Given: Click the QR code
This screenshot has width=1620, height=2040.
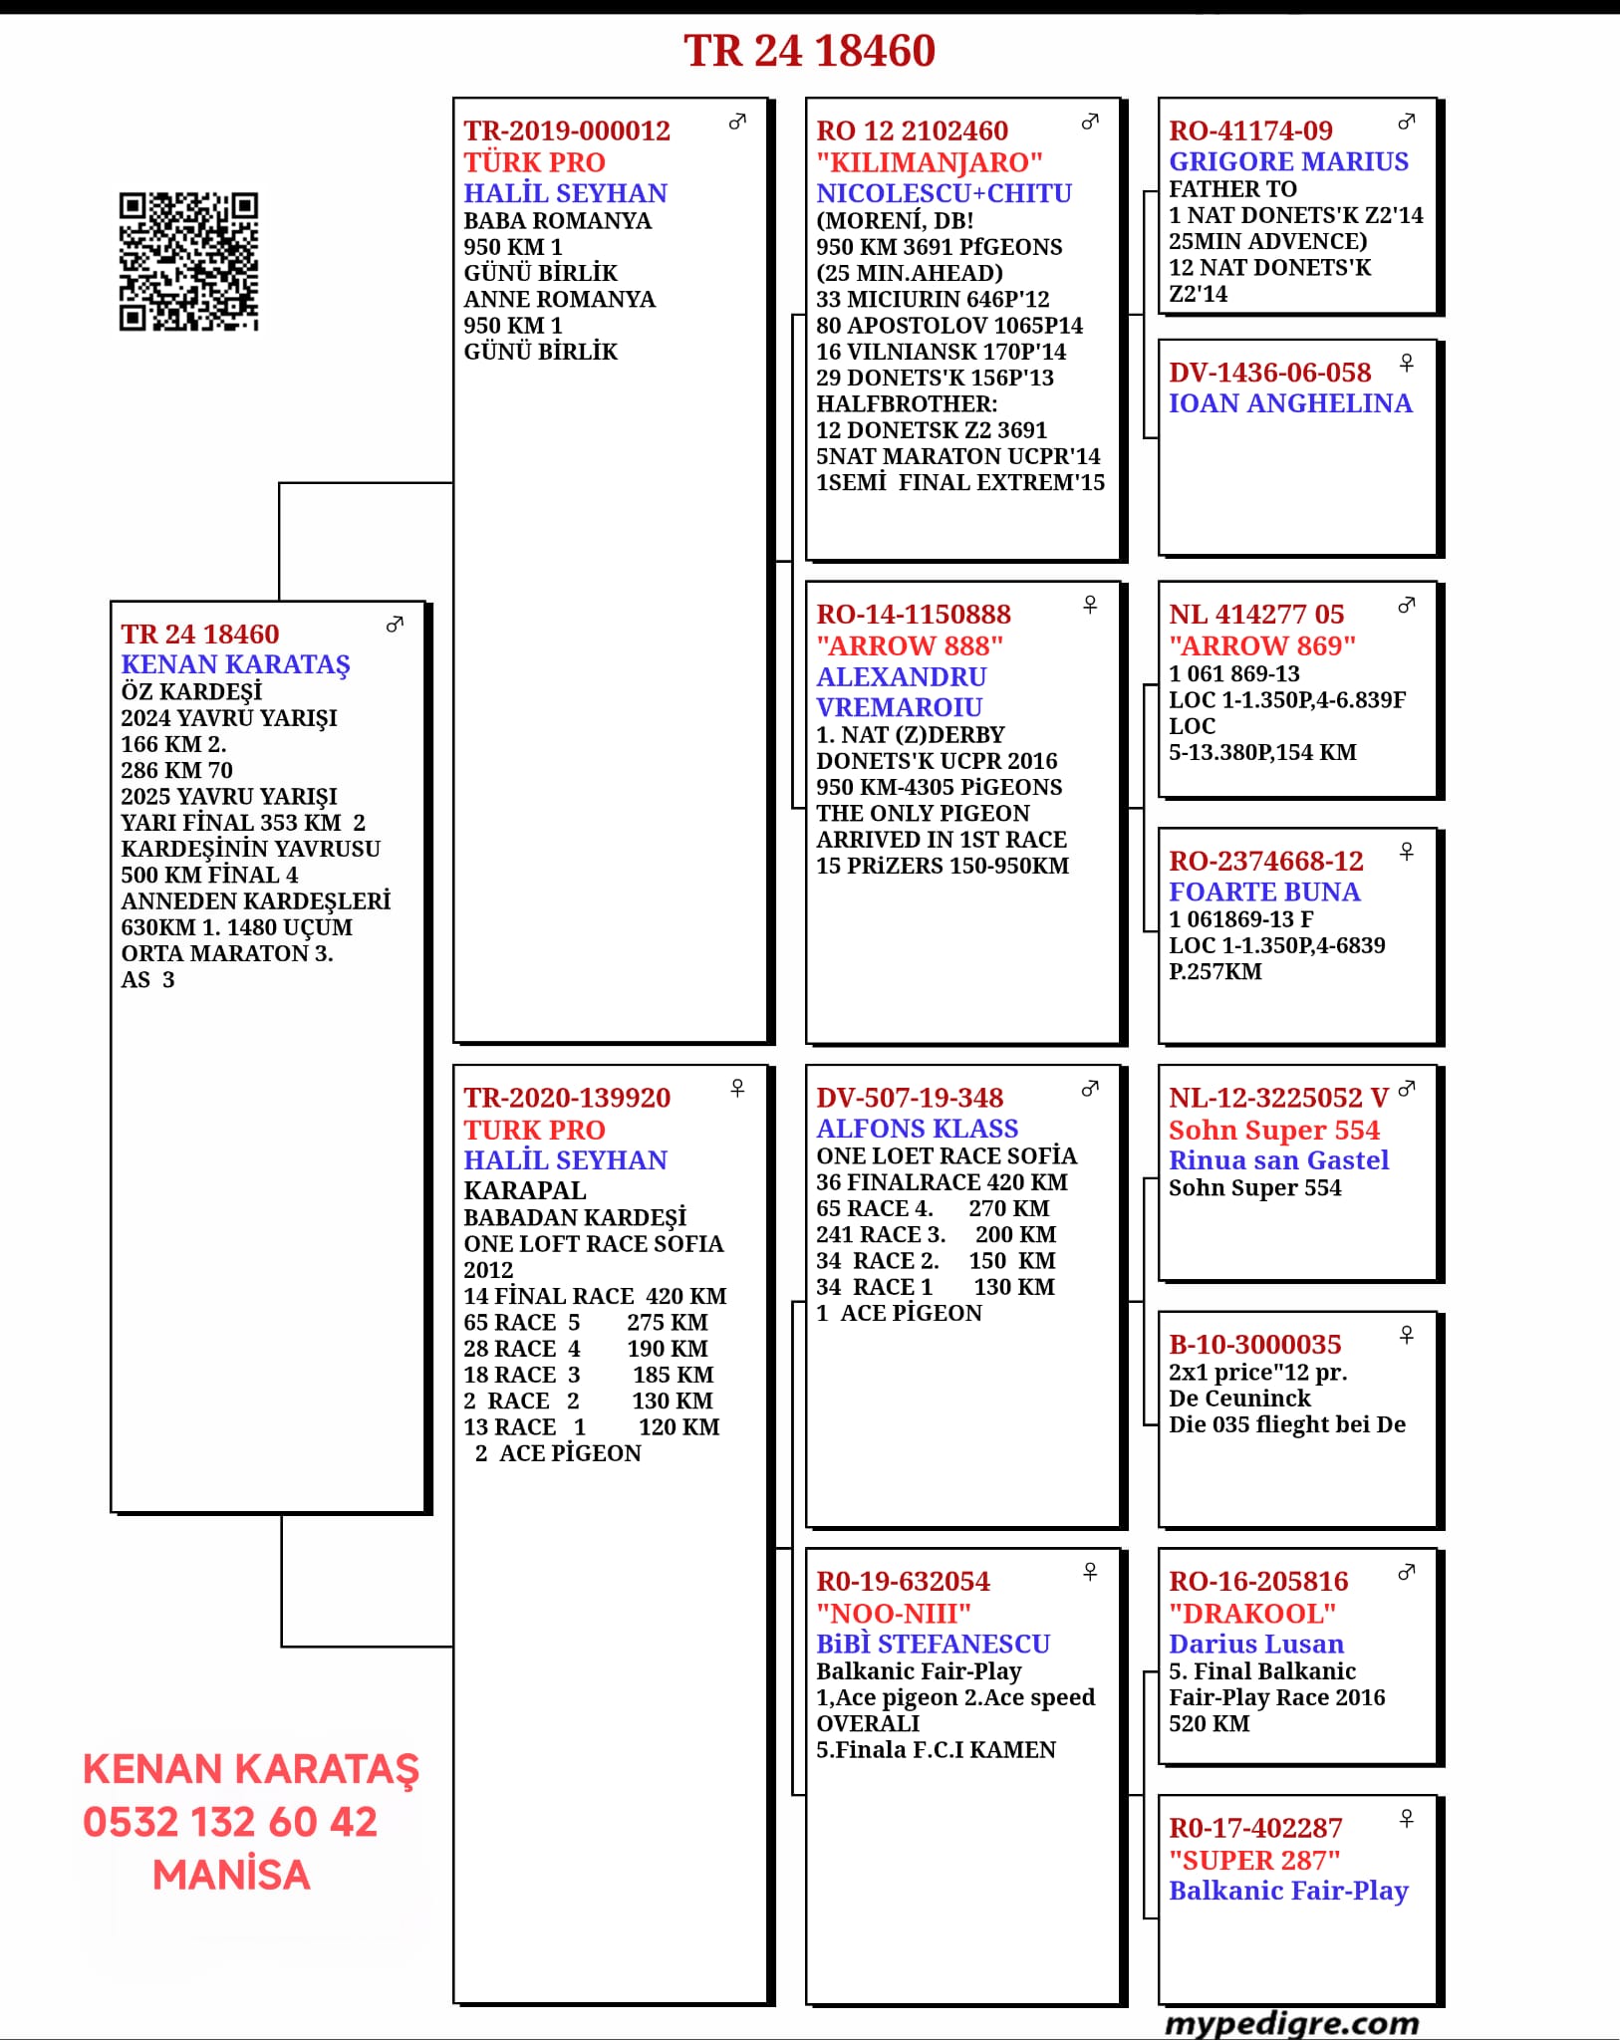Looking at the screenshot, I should [x=188, y=261].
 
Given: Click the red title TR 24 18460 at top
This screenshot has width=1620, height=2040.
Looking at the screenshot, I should [x=809, y=51].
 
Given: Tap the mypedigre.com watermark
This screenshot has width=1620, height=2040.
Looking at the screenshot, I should [x=1291, y=2023].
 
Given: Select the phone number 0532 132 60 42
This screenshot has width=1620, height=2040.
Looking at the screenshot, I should [x=230, y=1822].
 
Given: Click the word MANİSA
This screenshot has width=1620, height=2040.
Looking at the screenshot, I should [x=231, y=1875].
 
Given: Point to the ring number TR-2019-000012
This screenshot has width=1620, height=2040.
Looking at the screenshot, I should [x=567, y=130].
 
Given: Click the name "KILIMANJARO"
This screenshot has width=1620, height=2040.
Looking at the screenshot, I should [x=929, y=162].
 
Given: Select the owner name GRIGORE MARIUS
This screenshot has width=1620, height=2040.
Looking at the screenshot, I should [x=1288, y=161].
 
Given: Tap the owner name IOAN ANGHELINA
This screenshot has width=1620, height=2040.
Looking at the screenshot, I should [x=1290, y=403].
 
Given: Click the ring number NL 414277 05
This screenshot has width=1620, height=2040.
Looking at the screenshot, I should [x=1256, y=615].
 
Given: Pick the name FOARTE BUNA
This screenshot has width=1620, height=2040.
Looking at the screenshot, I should [x=1264, y=892].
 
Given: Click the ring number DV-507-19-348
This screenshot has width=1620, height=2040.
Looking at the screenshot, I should [x=910, y=1098].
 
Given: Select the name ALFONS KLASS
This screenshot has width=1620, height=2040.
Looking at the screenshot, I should [x=917, y=1129].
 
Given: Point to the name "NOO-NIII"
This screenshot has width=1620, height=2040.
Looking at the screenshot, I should [x=893, y=1613].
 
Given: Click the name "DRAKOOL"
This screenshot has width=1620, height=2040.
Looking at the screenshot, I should [x=1251, y=1613].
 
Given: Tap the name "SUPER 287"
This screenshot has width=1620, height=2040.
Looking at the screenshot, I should [x=1253, y=1860].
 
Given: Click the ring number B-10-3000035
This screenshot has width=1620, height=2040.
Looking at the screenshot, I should [x=1254, y=1345].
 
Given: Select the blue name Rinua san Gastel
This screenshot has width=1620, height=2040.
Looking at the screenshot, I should [x=1278, y=1160].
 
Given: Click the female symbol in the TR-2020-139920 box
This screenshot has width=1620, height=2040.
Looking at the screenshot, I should [x=737, y=1088].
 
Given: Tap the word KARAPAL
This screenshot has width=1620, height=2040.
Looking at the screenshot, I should [x=525, y=1190].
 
